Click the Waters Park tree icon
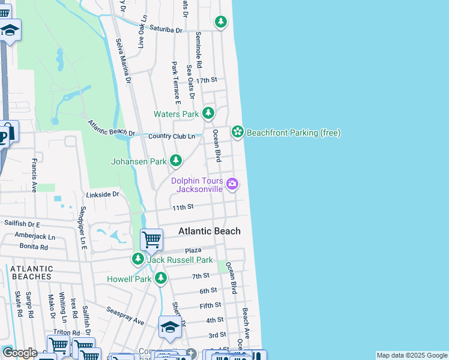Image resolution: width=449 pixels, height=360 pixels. [208, 113]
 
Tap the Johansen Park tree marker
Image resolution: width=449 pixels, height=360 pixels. [176, 161]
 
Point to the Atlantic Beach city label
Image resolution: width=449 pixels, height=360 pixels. [209, 231]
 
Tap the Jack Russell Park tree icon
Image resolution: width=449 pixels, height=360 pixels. [138, 259]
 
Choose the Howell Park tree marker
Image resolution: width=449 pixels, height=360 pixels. [160, 278]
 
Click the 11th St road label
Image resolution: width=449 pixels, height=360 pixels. [182, 207]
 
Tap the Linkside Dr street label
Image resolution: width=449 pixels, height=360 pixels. [103, 194]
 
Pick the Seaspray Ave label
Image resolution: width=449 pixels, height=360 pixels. [126, 316]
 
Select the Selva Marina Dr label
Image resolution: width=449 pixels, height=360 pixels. [123, 60]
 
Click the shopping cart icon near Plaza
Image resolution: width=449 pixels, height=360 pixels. [151, 240]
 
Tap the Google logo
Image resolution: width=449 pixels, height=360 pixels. [19, 353]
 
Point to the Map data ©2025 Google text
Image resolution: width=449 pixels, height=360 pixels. [412, 355]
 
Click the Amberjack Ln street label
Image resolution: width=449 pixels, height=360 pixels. [35, 236]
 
